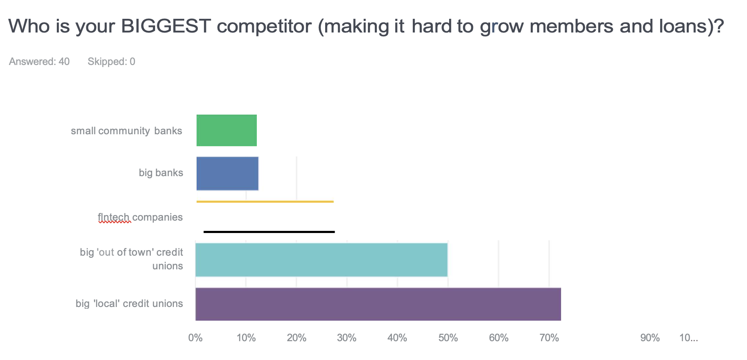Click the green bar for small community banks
pyautogui.click(x=226, y=130)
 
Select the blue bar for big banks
pyautogui.click(x=227, y=173)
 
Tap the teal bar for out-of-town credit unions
pyautogui.click(x=321, y=260)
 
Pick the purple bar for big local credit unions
pyautogui.click(x=378, y=304)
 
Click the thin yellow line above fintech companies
pyautogui.click(x=265, y=201)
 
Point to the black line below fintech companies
pyautogui.click(x=269, y=232)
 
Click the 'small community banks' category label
pyautogui.click(x=126, y=131)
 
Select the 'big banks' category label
pyautogui.click(x=161, y=173)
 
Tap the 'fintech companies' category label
pyautogui.click(x=140, y=217)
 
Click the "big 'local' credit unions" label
pyautogui.click(x=129, y=304)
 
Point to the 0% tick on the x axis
pyautogui.click(x=195, y=338)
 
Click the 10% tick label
pyautogui.click(x=246, y=338)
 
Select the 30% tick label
pyautogui.click(x=347, y=338)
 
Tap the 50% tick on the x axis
pyautogui.click(x=448, y=338)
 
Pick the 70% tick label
pyautogui.click(x=549, y=338)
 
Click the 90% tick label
pyautogui.click(x=650, y=338)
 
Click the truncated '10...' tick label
pyautogui.click(x=688, y=338)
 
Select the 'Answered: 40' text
pyautogui.click(x=39, y=62)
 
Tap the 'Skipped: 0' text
pyautogui.click(x=111, y=62)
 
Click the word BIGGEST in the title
pyautogui.click(x=166, y=27)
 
